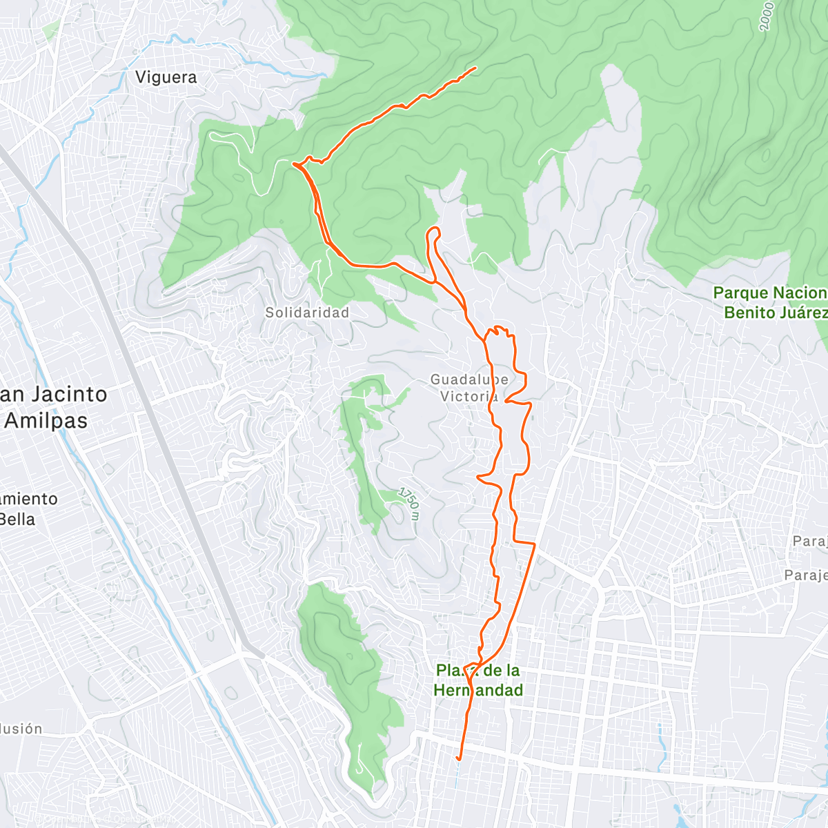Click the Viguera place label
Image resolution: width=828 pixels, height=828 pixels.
pyautogui.click(x=166, y=77)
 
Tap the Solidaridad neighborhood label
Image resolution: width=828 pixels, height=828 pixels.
pyautogui.click(x=307, y=313)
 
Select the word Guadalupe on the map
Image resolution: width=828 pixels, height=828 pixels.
pyautogui.click(x=469, y=379)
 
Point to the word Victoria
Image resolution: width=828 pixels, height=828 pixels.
pyautogui.click(x=469, y=397)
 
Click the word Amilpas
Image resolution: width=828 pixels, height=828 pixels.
pyautogui.click(x=46, y=421)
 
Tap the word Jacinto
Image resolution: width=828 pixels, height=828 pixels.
pyautogui.click(x=66, y=395)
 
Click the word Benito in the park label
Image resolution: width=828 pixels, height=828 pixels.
pyautogui.click(x=749, y=313)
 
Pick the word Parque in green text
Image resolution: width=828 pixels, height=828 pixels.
pyautogui.click(x=741, y=293)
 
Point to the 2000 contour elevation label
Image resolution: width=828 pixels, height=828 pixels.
pyautogui.click(x=766, y=15)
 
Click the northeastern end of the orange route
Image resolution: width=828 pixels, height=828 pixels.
pyautogui.click(x=476, y=68)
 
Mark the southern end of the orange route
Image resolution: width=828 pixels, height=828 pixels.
pyautogui.click(x=459, y=760)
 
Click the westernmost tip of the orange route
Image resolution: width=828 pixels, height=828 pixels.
pyautogui.click(x=293, y=164)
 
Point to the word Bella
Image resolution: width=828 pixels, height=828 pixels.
pyautogui.click(x=17, y=519)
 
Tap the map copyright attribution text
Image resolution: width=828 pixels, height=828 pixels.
pyautogui.click(x=103, y=820)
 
